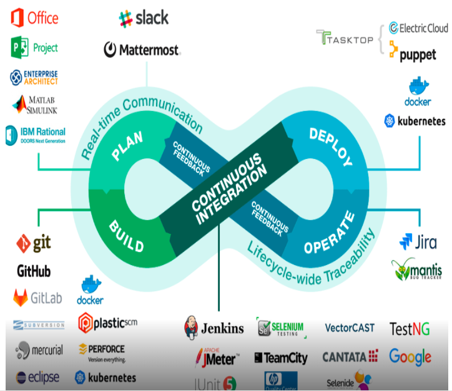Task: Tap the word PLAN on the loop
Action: tap(127, 145)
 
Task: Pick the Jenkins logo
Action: tap(214, 327)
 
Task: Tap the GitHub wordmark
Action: tap(34, 271)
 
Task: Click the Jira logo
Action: tap(418, 242)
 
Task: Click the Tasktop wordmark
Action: tap(345, 39)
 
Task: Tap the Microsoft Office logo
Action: tap(34, 17)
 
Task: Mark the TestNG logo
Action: tap(409, 329)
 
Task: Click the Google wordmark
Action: tap(410, 357)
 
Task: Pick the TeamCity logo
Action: tap(281, 358)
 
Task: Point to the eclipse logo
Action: tap(37, 377)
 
